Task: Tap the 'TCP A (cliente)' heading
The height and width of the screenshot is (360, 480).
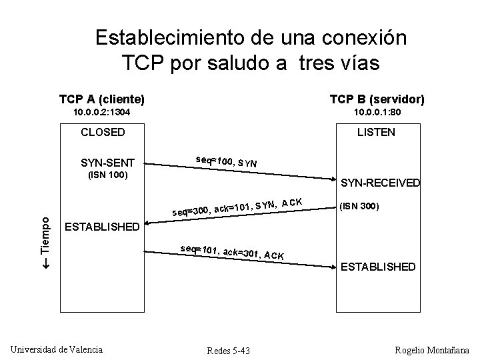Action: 102,99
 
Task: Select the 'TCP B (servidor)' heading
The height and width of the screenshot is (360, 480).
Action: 377,99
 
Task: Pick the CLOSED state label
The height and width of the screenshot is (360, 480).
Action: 103,132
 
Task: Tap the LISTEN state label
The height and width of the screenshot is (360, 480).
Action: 376,132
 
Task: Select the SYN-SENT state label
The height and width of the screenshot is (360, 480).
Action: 107,163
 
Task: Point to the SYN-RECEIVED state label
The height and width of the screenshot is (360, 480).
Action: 380,183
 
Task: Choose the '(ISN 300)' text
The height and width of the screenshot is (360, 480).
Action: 360,206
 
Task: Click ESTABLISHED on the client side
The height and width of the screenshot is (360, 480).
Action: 102,227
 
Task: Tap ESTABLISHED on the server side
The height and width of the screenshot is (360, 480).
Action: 377,267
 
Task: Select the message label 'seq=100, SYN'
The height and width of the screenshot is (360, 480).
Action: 227,161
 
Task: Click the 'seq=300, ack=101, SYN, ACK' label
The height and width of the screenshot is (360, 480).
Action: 238,207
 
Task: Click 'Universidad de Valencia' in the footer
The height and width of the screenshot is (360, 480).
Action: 57,349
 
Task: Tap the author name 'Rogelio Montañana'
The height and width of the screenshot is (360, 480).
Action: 432,350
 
